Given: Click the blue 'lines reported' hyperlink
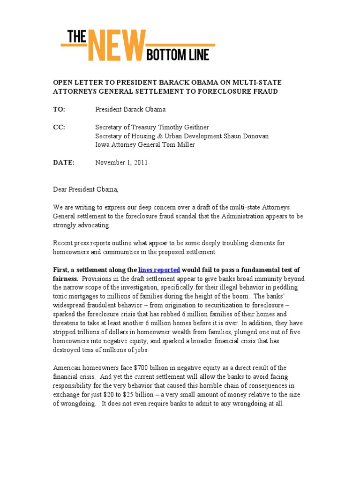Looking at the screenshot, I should pos(159,270).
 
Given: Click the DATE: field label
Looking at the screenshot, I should pos(63,163).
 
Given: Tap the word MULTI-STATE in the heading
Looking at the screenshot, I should pos(259,82).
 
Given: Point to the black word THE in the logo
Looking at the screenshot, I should pos(75,37).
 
